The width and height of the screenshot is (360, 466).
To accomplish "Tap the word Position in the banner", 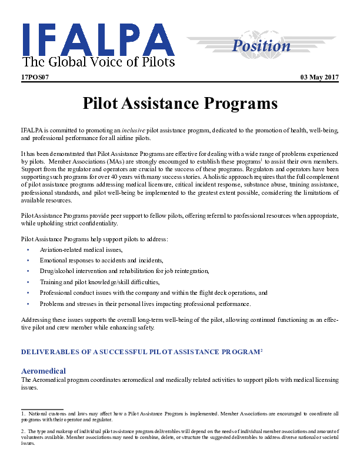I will (x=261, y=45).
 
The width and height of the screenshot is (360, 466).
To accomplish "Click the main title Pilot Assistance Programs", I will (x=179, y=104).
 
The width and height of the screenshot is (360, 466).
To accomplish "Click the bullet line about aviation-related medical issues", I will (x=81, y=250).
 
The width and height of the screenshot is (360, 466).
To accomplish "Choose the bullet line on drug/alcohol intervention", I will (x=124, y=271).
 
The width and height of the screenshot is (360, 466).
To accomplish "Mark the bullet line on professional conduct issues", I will (x=154, y=293).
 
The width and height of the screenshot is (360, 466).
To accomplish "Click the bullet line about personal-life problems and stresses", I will (x=145, y=304).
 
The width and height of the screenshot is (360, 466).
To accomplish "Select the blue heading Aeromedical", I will (x=44, y=371).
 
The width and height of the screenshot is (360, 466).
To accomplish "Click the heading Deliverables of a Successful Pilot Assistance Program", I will (x=141, y=352).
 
